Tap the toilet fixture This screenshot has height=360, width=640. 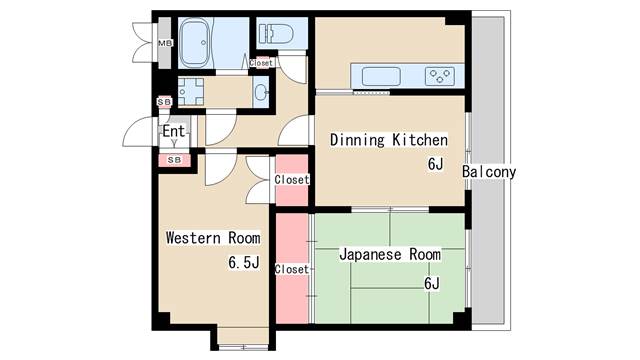pyautogui.click(x=276, y=33)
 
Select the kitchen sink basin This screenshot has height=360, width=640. pyautogui.click(x=381, y=76)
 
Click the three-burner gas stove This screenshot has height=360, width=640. pyautogui.click(x=440, y=76)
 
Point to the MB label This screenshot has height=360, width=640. pyautogui.click(x=165, y=43)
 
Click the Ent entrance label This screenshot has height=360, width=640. pyautogui.click(x=173, y=131)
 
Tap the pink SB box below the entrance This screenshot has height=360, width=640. pyautogui.click(x=174, y=160)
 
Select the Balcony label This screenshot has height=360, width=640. pyautogui.click(x=489, y=171)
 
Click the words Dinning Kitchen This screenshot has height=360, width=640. pyautogui.click(x=389, y=140)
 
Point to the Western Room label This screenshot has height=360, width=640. pyautogui.click(x=213, y=238)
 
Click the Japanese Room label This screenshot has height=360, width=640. pyautogui.click(x=390, y=254)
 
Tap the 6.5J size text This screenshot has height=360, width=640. pyautogui.click(x=244, y=262)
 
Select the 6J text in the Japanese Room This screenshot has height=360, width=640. pyautogui.click(x=431, y=283)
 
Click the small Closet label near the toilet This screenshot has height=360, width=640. pyautogui.click(x=261, y=63)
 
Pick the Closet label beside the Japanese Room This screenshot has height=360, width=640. pyautogui.click(x=291, y=269)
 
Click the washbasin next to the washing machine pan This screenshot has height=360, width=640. pyautogui.click(x=260, y=92)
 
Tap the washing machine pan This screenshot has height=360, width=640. pyautogui.click(x=191, y=92)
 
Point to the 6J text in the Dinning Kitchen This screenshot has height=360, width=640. pyautogui.click(x=435, y=164)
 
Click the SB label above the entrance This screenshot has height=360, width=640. pyautogui.click(x=164, y=102)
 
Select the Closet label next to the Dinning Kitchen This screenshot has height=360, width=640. pyautogui.click(x=291, y=180)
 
